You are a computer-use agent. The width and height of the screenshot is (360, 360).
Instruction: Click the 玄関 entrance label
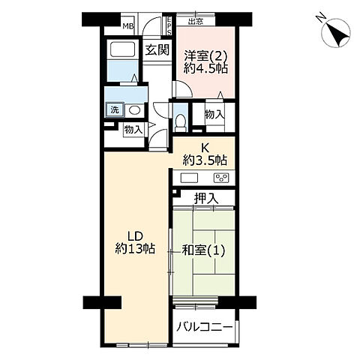click(x=157, y=50)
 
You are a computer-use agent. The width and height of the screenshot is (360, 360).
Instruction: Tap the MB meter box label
click(x=128, y=26)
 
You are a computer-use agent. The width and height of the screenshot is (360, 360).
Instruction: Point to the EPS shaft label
click(x=169, y=25)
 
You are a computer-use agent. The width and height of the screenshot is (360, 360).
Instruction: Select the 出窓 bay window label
click(x=196, y=22)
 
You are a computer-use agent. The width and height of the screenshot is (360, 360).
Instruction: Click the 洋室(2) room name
click(x=205, y=55)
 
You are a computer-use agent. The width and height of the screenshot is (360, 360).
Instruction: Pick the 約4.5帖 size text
click(x=205, y=68)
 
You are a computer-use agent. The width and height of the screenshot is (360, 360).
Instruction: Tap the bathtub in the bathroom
click(x=123, y=49)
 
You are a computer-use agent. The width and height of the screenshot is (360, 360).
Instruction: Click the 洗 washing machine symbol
click(x=115, y=109)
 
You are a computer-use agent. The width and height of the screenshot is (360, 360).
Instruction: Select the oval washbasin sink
click(x=134, y=109)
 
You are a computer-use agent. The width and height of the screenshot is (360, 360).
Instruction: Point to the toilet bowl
click(x=180, y=121)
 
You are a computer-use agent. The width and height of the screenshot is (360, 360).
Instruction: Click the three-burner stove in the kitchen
click(x=221, y=178)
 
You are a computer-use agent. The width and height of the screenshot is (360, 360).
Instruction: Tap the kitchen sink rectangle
click(x=189, y=178)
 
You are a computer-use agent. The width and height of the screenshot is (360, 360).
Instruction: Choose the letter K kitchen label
click(x=205, y=148)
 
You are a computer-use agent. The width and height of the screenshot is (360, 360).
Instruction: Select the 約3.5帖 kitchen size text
click(x=205, y=160)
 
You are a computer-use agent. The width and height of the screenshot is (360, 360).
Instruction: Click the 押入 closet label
click(x=206, y=199)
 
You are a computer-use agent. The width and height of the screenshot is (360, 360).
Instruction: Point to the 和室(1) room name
click(x=203, y=250)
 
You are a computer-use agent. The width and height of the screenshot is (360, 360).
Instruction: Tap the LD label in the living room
click(x=135, y=236)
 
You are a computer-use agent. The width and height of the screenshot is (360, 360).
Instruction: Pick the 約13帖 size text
click(x=135, y=249)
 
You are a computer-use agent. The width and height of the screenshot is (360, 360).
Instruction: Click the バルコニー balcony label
click(x=204, y=327)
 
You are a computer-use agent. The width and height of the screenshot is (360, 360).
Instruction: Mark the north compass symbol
click(x=335, y=32)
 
